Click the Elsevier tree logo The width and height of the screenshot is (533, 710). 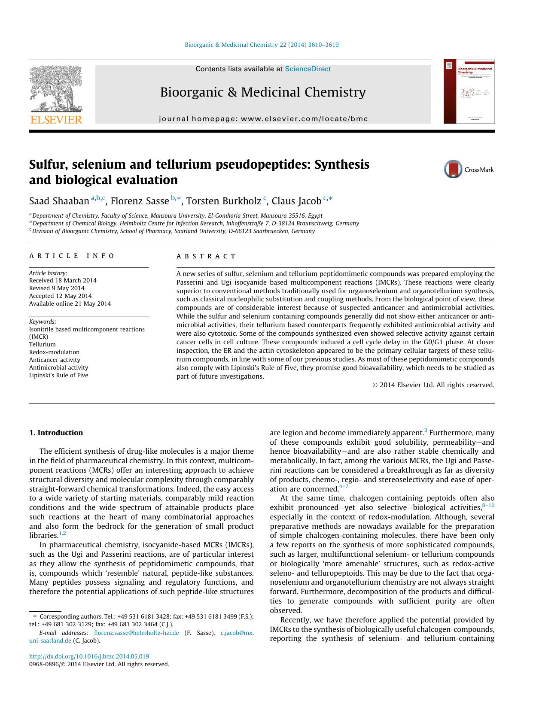click(56, 91)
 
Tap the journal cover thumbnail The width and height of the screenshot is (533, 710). click(469, 91)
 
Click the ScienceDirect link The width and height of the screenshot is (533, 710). click(308, 69)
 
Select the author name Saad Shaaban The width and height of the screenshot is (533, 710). click(59, 201)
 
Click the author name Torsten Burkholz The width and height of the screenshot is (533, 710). click(223, 201)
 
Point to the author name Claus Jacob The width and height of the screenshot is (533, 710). click(296, 201)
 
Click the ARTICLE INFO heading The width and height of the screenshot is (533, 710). click(72, 256)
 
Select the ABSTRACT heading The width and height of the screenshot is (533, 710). click(206, 256)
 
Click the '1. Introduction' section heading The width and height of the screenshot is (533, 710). click(56, 433)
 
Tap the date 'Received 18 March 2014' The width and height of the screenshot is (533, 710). click(63, 280)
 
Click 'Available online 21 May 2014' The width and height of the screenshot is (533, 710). click(70, 303)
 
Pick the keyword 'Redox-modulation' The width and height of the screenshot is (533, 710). click(54, 352)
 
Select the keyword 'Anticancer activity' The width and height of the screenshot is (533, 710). click(55, 360)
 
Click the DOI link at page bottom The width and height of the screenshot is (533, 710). click(89, 656)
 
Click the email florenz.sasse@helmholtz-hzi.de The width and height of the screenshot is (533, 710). click(136, 633)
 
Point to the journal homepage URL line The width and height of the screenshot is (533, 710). click(263, 119)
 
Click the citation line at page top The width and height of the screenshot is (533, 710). click(262, 45)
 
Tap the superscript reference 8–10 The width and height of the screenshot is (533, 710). click(488, 505)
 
